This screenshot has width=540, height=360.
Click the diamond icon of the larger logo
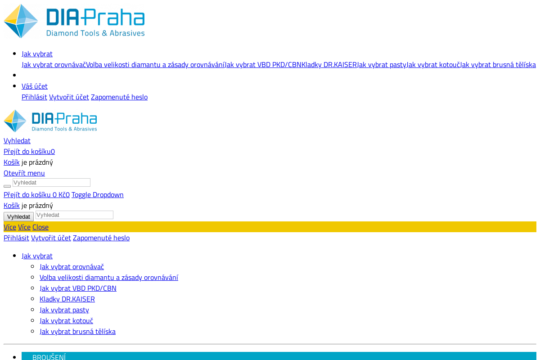click(21, 21)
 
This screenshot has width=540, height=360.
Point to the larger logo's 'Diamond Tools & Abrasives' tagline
click(95, 33)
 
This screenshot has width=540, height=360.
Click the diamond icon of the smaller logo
click(15, 121)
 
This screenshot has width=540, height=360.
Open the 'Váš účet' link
click(35, 86)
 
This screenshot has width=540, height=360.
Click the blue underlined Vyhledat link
click(17, 141)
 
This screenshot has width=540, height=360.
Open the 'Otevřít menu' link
click(24, 173)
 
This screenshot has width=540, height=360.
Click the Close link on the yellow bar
click(40, 227)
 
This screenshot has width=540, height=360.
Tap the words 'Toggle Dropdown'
click(97, 195)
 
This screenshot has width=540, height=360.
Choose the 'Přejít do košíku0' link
click(29, 152)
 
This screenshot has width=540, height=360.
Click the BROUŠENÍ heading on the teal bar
click(49, 357)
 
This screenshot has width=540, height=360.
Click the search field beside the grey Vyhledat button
click(74, 215)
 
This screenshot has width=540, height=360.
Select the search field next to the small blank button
click(51, 183)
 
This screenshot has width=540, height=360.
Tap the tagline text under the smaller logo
click(64, 129)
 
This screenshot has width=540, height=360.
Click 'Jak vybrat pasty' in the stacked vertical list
click(64, 310)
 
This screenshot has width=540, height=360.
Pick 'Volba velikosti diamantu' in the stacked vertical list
click(109, 278)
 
